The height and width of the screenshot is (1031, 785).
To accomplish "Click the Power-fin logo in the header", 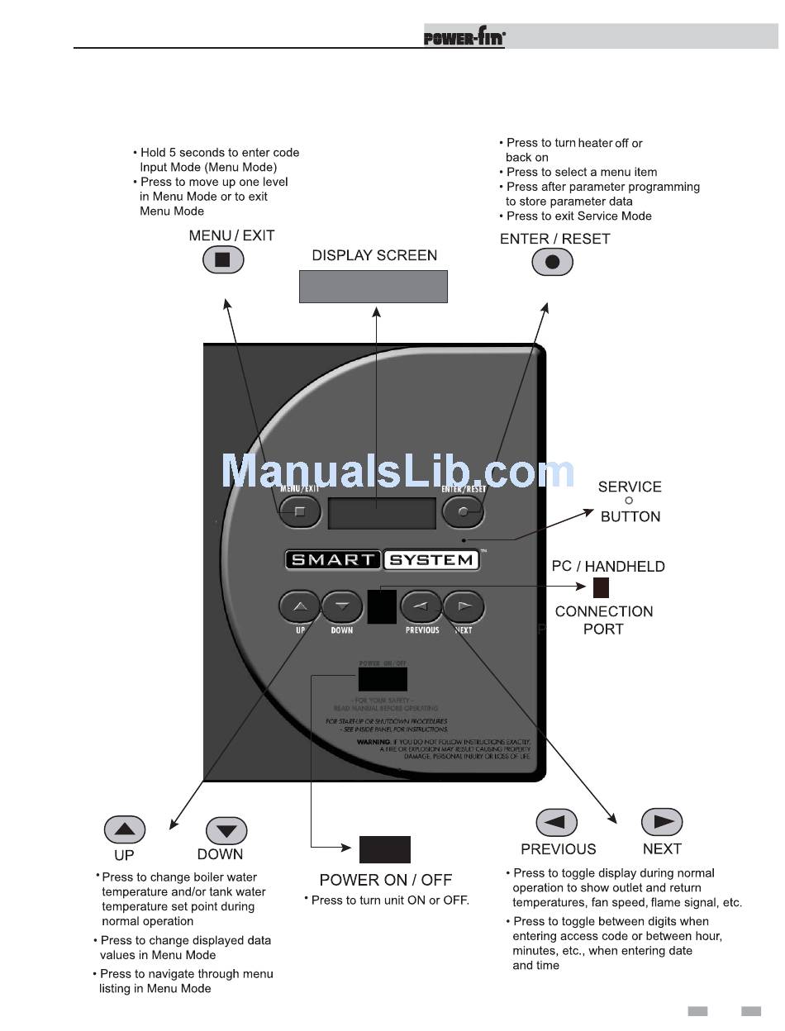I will click(x=464, y=37).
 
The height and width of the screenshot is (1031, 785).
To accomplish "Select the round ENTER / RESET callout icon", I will click(x=552, y=263).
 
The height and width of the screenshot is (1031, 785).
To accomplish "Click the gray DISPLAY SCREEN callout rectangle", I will click(x=373, y=286).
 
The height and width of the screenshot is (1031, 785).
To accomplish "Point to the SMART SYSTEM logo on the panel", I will click(x=382, y=559).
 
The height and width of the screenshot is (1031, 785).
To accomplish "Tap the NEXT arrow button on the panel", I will click(x=464, y=607).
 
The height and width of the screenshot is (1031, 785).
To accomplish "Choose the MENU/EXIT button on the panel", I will click(x=299, y=512).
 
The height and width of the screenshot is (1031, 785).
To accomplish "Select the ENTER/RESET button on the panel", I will click(x=463, y=512).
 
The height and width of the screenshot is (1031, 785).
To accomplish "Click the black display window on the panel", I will click(x=382, y=513).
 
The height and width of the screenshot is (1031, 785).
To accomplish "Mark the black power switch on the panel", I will click(x=382, y=679).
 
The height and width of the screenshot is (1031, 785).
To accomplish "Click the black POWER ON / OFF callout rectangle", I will click(x=384, y=849).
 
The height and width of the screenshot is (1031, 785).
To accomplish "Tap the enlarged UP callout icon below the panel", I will click(x=125, y=829).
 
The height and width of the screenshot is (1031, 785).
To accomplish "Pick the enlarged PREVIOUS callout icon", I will click(x=556, y=823).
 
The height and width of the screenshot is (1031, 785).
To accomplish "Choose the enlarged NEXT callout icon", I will click(x=662, y=822).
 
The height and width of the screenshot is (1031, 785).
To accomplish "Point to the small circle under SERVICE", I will click(x=629, y=501).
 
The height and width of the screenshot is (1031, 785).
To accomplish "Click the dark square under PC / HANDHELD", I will click(x=601, y=587).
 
